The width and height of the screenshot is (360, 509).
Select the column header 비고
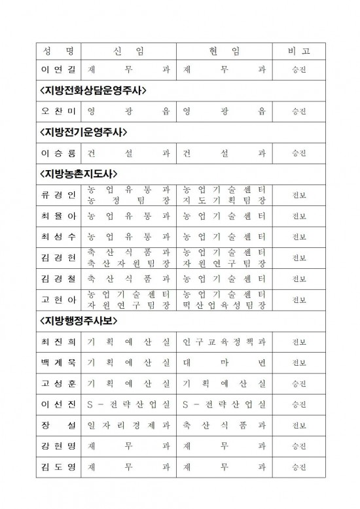tap(298, 50)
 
